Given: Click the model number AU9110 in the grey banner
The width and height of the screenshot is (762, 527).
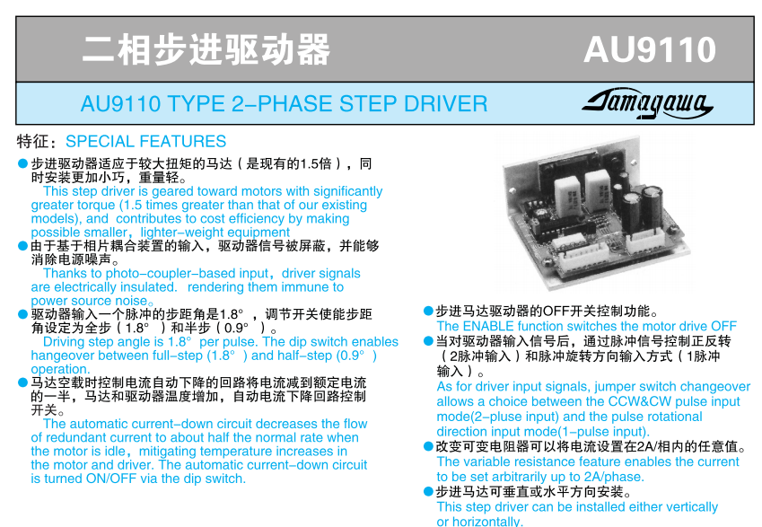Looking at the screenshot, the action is (650, 49).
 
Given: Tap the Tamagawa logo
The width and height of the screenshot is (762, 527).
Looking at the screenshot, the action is (648, 103).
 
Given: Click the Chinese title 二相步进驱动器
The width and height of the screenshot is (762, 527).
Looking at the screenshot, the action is (206, 49).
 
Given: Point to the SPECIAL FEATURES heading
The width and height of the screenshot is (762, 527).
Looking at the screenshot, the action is (145, 142).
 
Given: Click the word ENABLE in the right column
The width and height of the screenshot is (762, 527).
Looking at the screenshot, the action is (488, 326).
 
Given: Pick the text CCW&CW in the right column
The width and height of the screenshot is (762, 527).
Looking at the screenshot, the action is (639, 401).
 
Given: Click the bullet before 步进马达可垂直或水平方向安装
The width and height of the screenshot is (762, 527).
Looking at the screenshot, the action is (428, 492).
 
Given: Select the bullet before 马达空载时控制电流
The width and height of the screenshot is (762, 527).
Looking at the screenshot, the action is (22, 382).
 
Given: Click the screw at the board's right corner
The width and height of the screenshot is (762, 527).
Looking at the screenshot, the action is (673, 227).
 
